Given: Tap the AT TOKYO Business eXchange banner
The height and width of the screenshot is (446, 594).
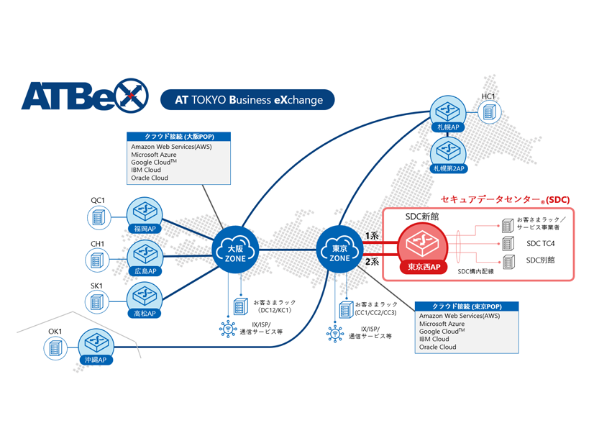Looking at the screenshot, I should (249, 100).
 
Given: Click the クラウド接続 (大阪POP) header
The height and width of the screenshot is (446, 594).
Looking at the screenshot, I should (179, 137).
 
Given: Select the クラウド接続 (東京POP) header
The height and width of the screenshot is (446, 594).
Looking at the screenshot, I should (467, 306).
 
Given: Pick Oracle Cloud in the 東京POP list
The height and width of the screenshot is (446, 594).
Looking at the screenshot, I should (437, 347).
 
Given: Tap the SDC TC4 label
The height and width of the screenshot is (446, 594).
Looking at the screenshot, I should (541, 244).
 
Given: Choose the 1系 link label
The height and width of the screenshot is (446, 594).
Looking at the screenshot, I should (372, 235).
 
